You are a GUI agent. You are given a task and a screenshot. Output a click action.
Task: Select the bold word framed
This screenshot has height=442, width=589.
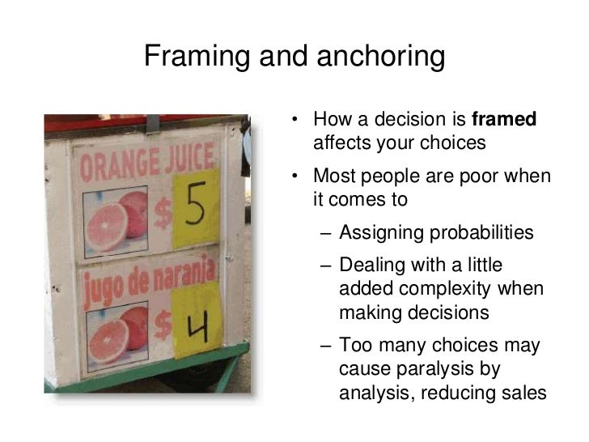503,121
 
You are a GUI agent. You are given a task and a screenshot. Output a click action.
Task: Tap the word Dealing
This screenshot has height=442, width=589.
370,266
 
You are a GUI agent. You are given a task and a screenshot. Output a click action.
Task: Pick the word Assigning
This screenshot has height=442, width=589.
379,233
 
